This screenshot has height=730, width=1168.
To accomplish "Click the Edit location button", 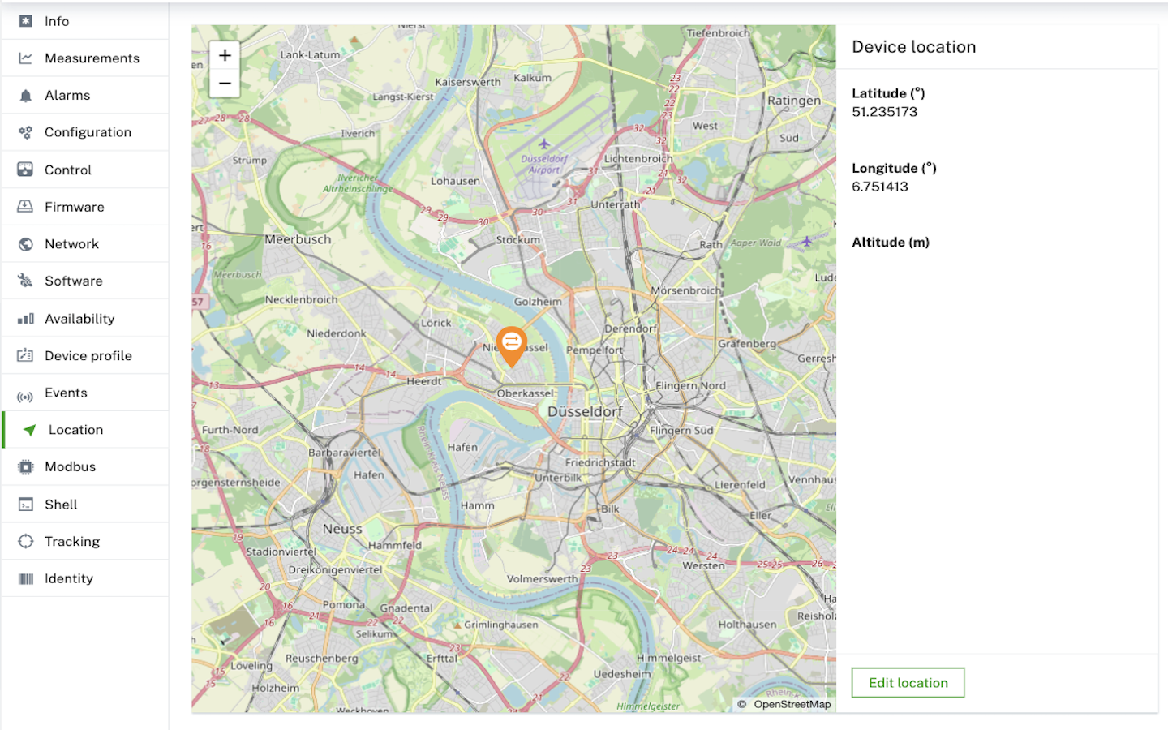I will tap(908, 683).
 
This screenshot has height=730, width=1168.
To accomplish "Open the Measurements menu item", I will tap(92, 58).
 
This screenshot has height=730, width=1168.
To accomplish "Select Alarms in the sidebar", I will tap(67, 96).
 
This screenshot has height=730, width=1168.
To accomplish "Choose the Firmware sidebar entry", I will tap(74, 207).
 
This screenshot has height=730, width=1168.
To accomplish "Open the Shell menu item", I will tap(61, 505).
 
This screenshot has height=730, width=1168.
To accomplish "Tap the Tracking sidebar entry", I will tap(72, 542).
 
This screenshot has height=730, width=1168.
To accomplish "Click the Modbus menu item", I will tap(70, 467).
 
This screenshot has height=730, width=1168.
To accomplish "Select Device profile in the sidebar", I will tap(88, 356).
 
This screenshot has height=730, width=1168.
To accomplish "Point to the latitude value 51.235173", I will tap(884, 112).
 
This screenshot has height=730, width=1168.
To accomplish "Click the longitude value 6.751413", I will tap(880, 187).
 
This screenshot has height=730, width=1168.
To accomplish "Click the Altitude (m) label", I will tap(890, 243).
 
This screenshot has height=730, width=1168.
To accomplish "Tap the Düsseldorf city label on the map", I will tap(585, 412).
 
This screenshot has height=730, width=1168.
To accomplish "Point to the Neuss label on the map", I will tap(342, 529).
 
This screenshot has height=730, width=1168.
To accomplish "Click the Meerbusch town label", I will tap(298, 240).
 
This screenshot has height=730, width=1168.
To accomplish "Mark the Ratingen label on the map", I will tap(794, 101).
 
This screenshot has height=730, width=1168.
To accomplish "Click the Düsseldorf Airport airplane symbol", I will tap(544, 144).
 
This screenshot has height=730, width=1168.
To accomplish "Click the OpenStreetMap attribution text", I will tap(792, 704).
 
